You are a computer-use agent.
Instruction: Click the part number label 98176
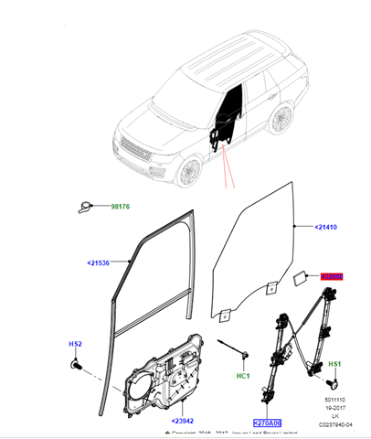[121, 208]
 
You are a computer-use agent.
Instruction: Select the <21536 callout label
[99, 263]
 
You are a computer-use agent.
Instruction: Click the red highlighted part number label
[331, 275]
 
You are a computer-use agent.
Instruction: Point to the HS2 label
[76, 344]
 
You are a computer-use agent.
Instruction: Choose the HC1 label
[243, 375]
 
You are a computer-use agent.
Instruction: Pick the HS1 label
[334, 364]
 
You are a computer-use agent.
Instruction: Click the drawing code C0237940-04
[335, 424]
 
